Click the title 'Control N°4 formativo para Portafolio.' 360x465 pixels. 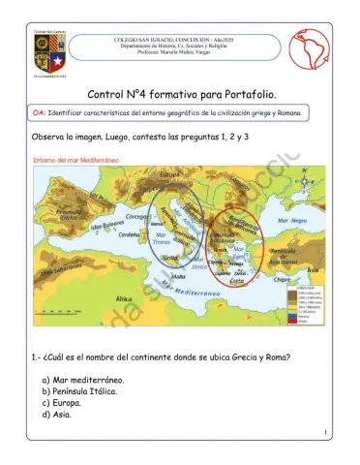(181, 95)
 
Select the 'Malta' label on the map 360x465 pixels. (179, 275)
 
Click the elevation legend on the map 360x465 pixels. (310, 300)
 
